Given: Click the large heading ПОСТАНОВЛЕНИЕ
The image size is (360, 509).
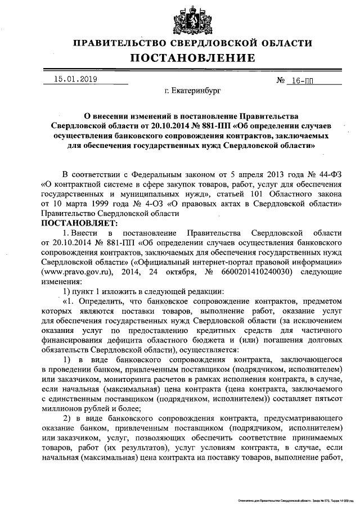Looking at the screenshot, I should click(192, 58).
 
